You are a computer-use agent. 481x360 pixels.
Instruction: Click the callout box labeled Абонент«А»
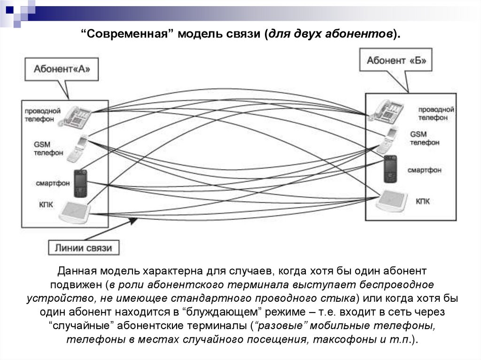pos(62,69)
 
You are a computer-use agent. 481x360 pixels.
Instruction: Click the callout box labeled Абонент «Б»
pos(396,61)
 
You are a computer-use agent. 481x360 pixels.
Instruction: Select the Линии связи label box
pos(84,248)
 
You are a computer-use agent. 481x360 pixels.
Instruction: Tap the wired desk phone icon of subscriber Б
pos(386,111)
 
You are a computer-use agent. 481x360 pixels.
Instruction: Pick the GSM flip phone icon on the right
pos(388,140)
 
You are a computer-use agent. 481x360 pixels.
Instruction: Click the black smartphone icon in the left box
pos(80,184)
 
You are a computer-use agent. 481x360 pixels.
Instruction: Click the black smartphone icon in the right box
pos(389,169)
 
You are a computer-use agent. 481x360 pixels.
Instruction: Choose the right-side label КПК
pos(422,201)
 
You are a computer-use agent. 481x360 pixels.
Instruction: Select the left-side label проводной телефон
pos(43,115)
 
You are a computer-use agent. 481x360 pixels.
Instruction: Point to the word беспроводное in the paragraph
pos(397,285)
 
